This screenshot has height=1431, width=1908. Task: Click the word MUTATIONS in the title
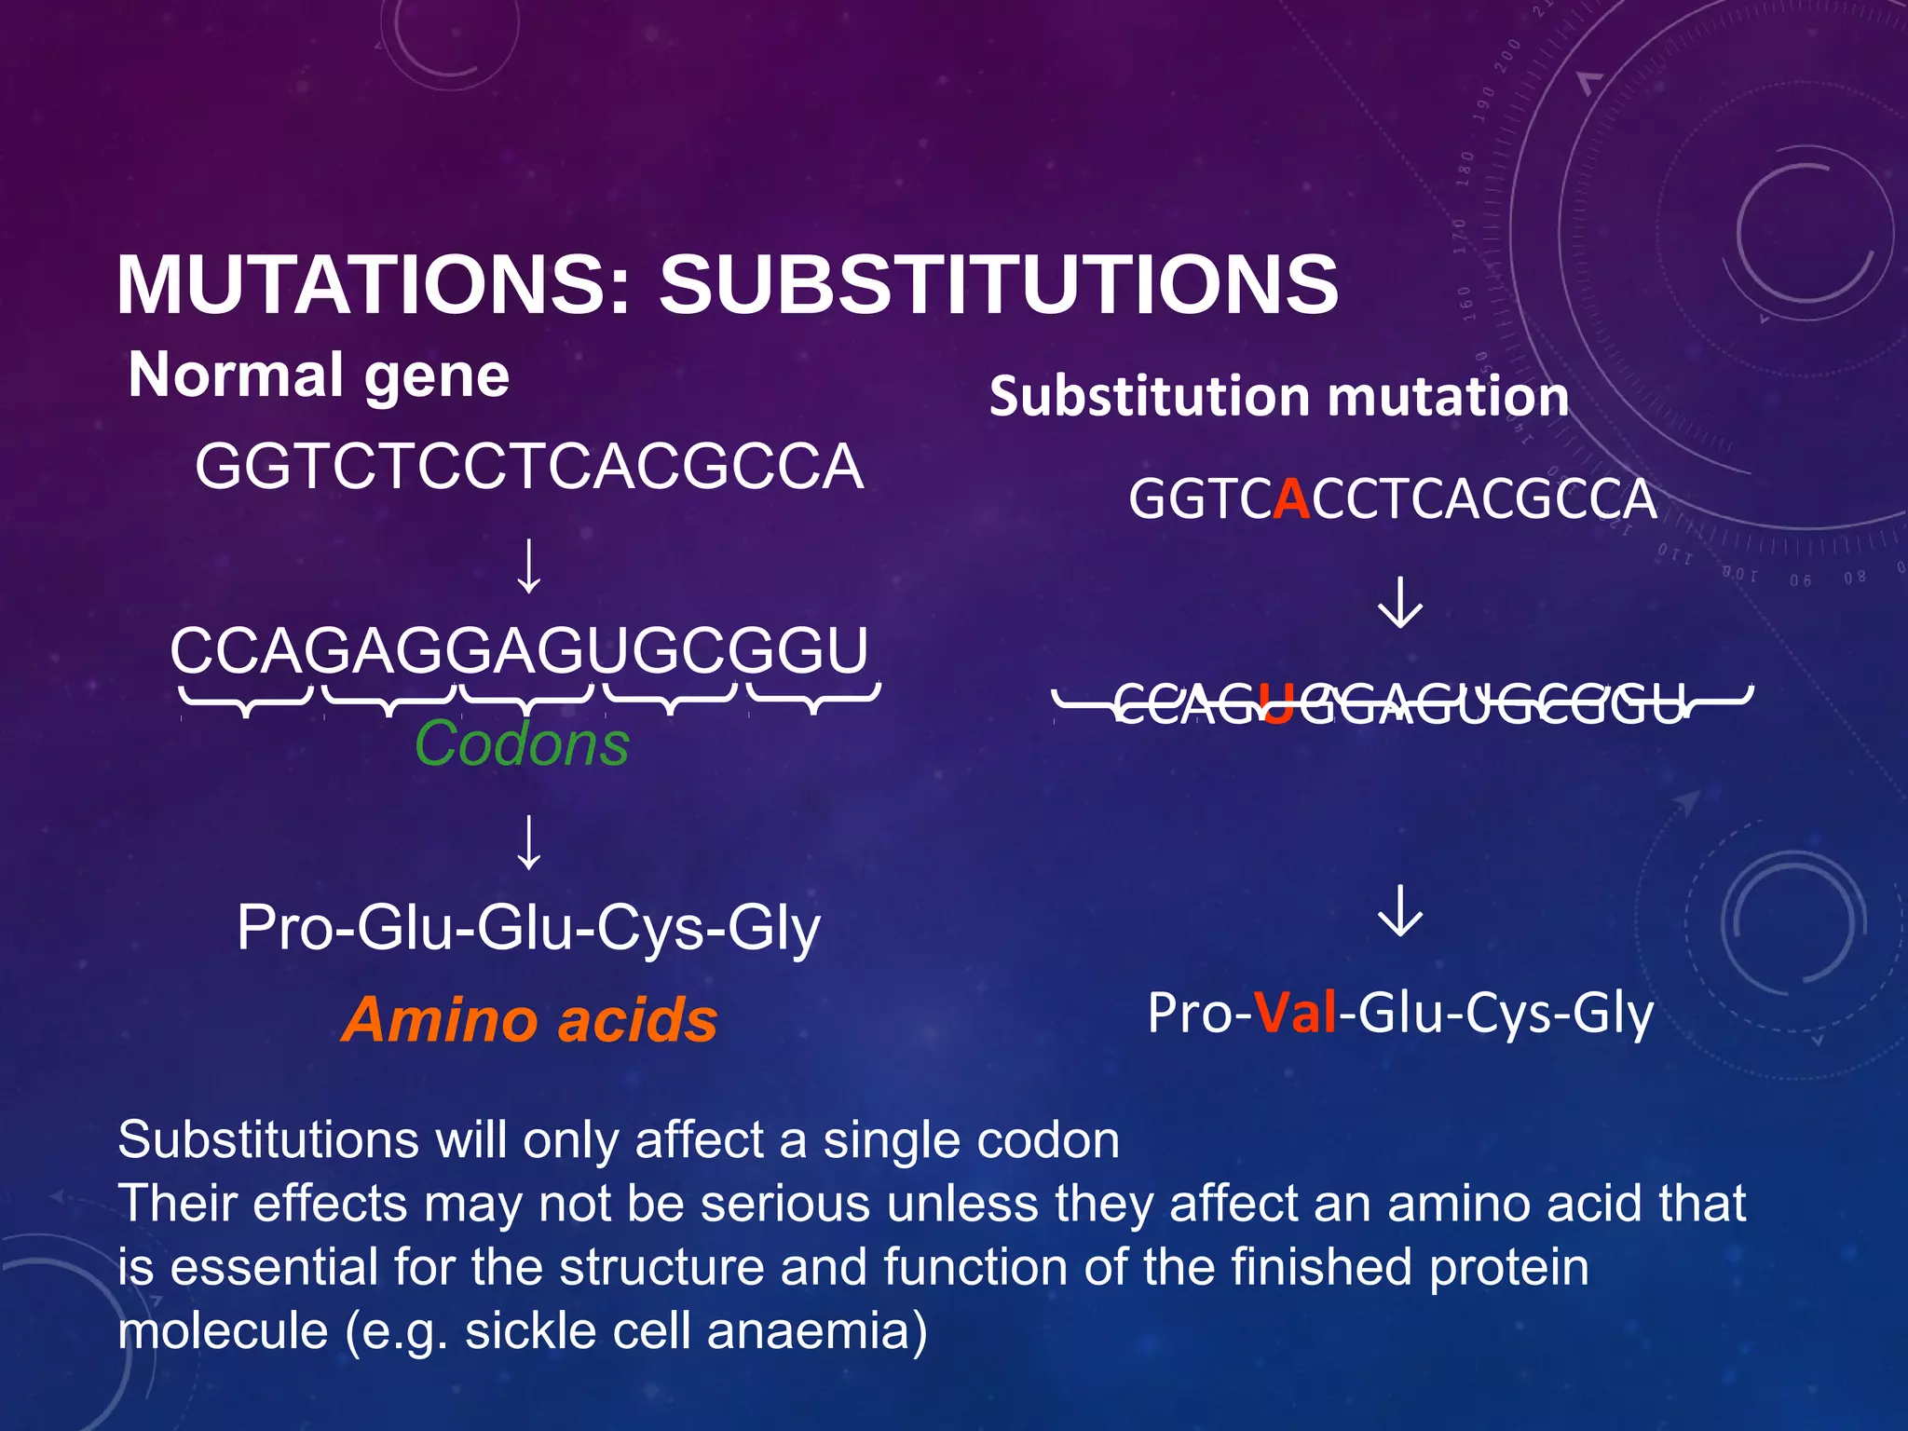[x=373, y=284]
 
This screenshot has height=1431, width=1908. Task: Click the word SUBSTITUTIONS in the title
[x=999, y=284]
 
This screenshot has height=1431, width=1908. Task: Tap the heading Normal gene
[x=319, y=375]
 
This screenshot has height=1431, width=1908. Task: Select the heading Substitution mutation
[x=1278, y=396]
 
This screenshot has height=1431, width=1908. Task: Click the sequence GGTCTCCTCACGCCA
[x=528, y=466]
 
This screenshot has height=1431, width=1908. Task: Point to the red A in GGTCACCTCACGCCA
[x=1291, y=498]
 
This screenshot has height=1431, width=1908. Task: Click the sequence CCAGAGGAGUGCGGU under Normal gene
[x=519, y=649]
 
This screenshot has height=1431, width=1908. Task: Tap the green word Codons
[x=522, y=743]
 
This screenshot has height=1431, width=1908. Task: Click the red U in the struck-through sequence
[x=1275, y=704]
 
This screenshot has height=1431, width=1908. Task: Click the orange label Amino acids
[x=529, y=1019]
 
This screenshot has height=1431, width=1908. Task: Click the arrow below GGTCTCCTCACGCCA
[x=529, y=566]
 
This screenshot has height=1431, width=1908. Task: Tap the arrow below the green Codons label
[x=529, y=842]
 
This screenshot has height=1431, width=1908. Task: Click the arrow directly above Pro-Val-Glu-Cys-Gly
[x=1400, y=910]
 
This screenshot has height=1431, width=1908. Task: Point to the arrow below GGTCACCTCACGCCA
[x=1400, y=602]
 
